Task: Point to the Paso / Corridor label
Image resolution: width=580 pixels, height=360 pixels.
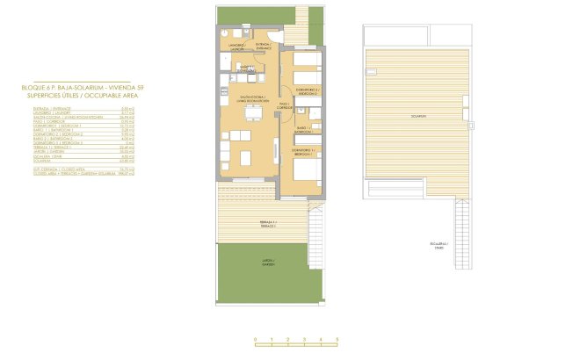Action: [x=285, y=104]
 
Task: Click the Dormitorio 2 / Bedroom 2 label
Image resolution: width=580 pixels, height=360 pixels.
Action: [x=307, y=91]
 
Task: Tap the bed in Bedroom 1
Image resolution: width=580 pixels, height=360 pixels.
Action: [x=306, y=176]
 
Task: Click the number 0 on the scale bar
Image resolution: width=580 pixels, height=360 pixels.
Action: [x=255, y=339]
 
